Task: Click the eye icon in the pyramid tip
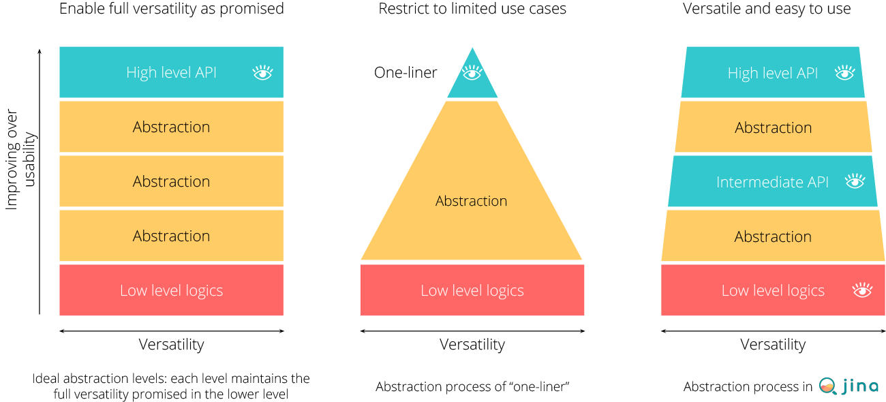(x=472, y=73)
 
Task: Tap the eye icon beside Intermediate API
(x=855, y=181)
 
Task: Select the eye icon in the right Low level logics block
(x=862, y=290)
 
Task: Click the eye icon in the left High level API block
(x=262, y=73)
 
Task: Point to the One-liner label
(x=406, y=73)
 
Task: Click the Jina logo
(x=848, y=386)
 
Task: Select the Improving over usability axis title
(x=20, y=159)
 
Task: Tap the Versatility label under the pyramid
(x=472, y=344)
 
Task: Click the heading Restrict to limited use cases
(x=472, y=8)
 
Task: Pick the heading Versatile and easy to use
(x=767, y=8)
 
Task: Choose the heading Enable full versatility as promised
(x=171, y=9)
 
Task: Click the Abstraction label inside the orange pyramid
(x=471, y=201)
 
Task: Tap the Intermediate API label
(x=772, y=182)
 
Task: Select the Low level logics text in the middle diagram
(x=472, y=290)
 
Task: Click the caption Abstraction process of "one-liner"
(x=472, y=386)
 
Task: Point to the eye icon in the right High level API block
(x=845, y=73)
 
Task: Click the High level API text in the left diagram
(x=171, y=73)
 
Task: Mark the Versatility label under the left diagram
(x=171, y=344)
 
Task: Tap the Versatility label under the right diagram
(x=773, y=344)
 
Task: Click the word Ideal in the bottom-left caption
(x=46, y=378)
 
